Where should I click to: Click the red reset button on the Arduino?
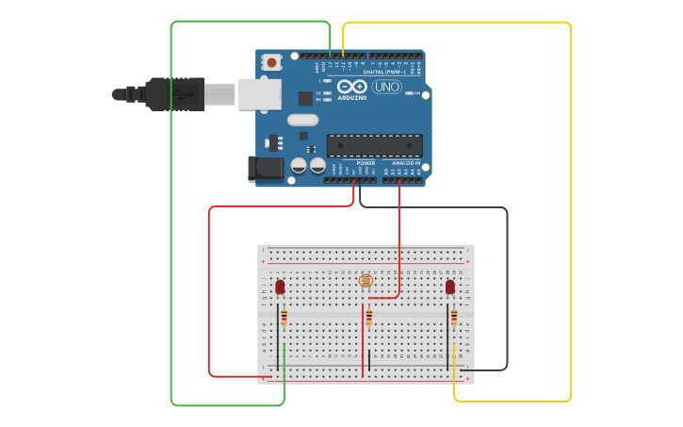[x=272, y=62]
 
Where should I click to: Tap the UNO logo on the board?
[x=386, y=87]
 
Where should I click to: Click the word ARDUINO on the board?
[x=352, y=97]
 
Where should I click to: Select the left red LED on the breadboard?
[x=280, y=287]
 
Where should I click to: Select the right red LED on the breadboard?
[x=450, y=287]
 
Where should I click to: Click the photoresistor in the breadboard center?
[x=366, y=280]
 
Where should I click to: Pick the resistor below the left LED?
[x=284, y=319]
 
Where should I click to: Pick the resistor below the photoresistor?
[x=369, y=318]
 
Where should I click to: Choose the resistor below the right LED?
[x=454, y=318]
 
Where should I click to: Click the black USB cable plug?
[x=175, y=94]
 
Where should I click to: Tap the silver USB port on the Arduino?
[x=259, y=93]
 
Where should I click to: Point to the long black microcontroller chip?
[x=374, y=145]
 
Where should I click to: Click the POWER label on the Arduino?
[x=366, y=163]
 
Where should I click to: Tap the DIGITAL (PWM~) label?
[x=384, y=72]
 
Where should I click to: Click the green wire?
[x=171, y=217]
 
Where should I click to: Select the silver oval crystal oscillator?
[x=303, y=120]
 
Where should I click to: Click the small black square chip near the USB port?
[x=305, y=98]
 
